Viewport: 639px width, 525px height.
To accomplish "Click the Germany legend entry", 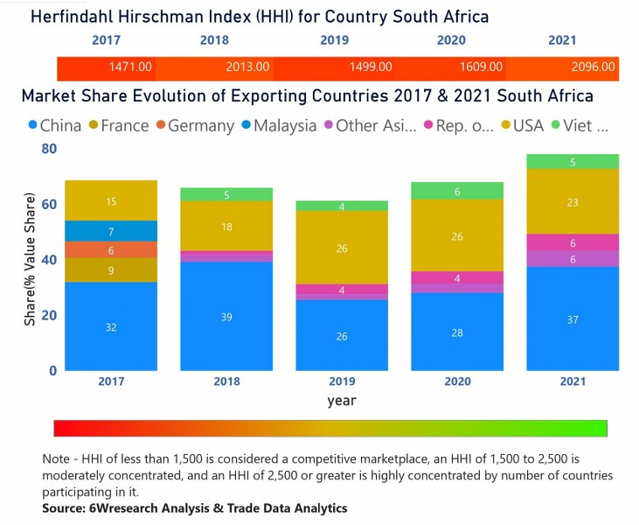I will point(200,125).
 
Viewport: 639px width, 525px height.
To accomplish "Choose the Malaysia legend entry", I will point(285,125).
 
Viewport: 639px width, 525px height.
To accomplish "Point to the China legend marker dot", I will point(32,125).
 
